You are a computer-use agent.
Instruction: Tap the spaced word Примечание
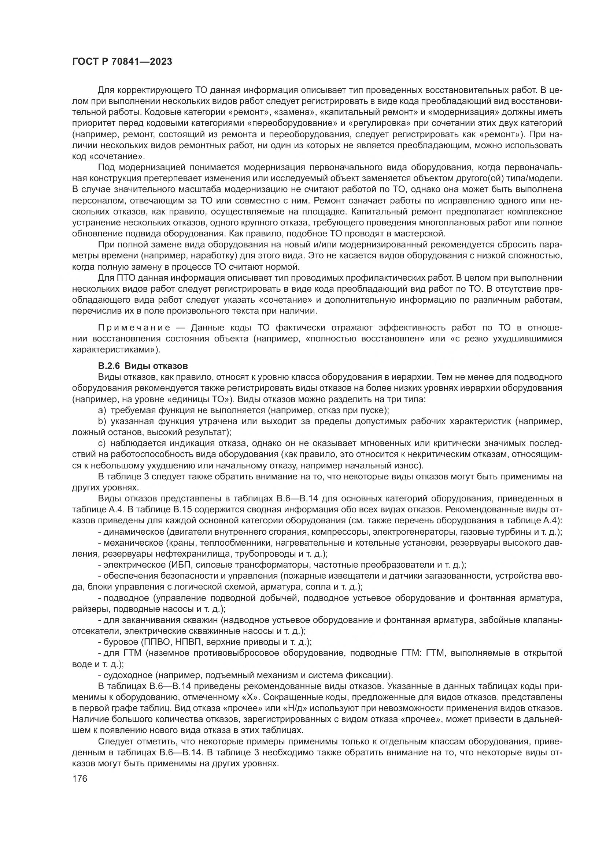(134, 328)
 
